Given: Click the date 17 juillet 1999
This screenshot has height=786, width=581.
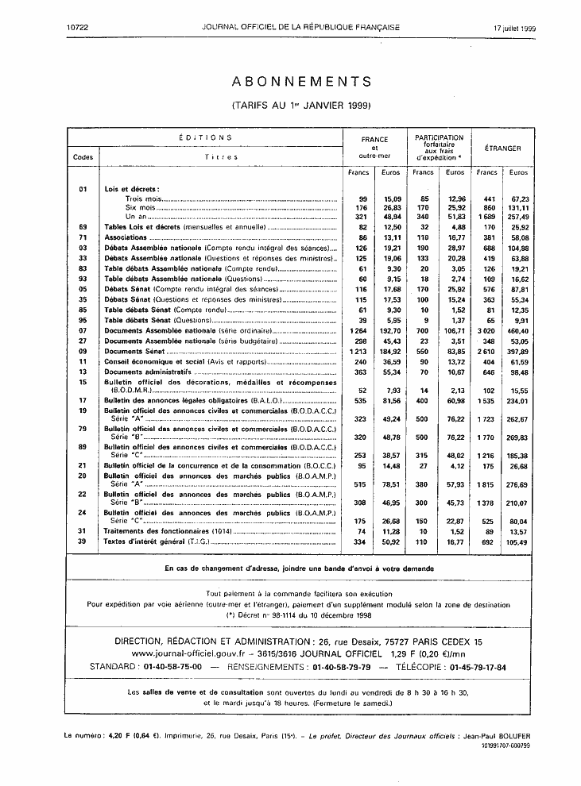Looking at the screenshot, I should (514, 28).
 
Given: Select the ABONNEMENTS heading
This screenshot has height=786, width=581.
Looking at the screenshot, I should (301, 82).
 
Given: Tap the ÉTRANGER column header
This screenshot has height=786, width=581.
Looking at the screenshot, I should (502, 148).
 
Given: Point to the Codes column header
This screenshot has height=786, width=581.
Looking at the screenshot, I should (83, 156).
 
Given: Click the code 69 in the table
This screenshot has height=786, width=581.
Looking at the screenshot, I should (83, 226).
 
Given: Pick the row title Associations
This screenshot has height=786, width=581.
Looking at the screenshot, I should (126, 237).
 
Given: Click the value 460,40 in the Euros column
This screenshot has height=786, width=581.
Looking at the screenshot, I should (518, 329).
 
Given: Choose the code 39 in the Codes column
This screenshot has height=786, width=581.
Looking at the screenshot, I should (83, 564).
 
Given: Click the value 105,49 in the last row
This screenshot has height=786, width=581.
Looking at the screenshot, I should (518, 564).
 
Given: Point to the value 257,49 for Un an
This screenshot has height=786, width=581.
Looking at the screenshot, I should (518, 216).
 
